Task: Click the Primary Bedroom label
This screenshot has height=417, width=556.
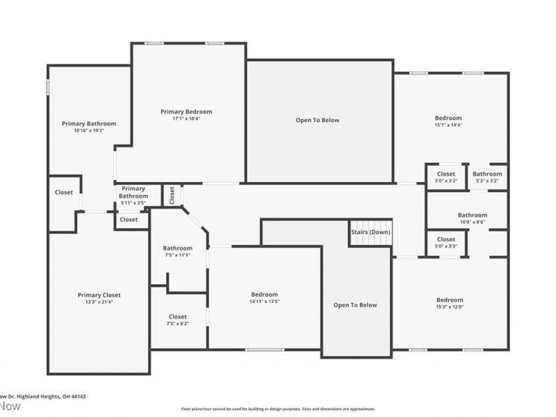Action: tap(186, 111)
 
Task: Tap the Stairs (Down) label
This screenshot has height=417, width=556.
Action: tap(370, 231)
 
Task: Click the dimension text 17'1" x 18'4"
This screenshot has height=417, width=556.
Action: tap(186, 119)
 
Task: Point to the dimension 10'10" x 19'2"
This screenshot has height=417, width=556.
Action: tap(88, 131)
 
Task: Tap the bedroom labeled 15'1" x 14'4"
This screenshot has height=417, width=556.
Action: tap(448, 118)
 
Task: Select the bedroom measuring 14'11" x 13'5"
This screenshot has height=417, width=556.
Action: tap(264, 294)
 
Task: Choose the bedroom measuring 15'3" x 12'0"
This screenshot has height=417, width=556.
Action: tap(450, 300)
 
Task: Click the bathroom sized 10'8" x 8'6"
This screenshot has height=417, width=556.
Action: tap(472, 215)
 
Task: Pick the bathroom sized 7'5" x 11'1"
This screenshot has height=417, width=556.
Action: tap(177, 248)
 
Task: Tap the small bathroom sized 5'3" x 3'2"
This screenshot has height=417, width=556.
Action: tap(487, 174)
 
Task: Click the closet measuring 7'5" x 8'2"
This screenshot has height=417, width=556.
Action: tap(177, 316)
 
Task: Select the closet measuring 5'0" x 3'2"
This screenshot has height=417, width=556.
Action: tap(445, 174)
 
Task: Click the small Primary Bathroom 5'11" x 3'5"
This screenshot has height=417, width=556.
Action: tap(133, 192)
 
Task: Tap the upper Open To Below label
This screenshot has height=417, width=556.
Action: tap(318, 120)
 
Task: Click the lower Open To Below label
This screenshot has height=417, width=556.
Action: tap(354, 305)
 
